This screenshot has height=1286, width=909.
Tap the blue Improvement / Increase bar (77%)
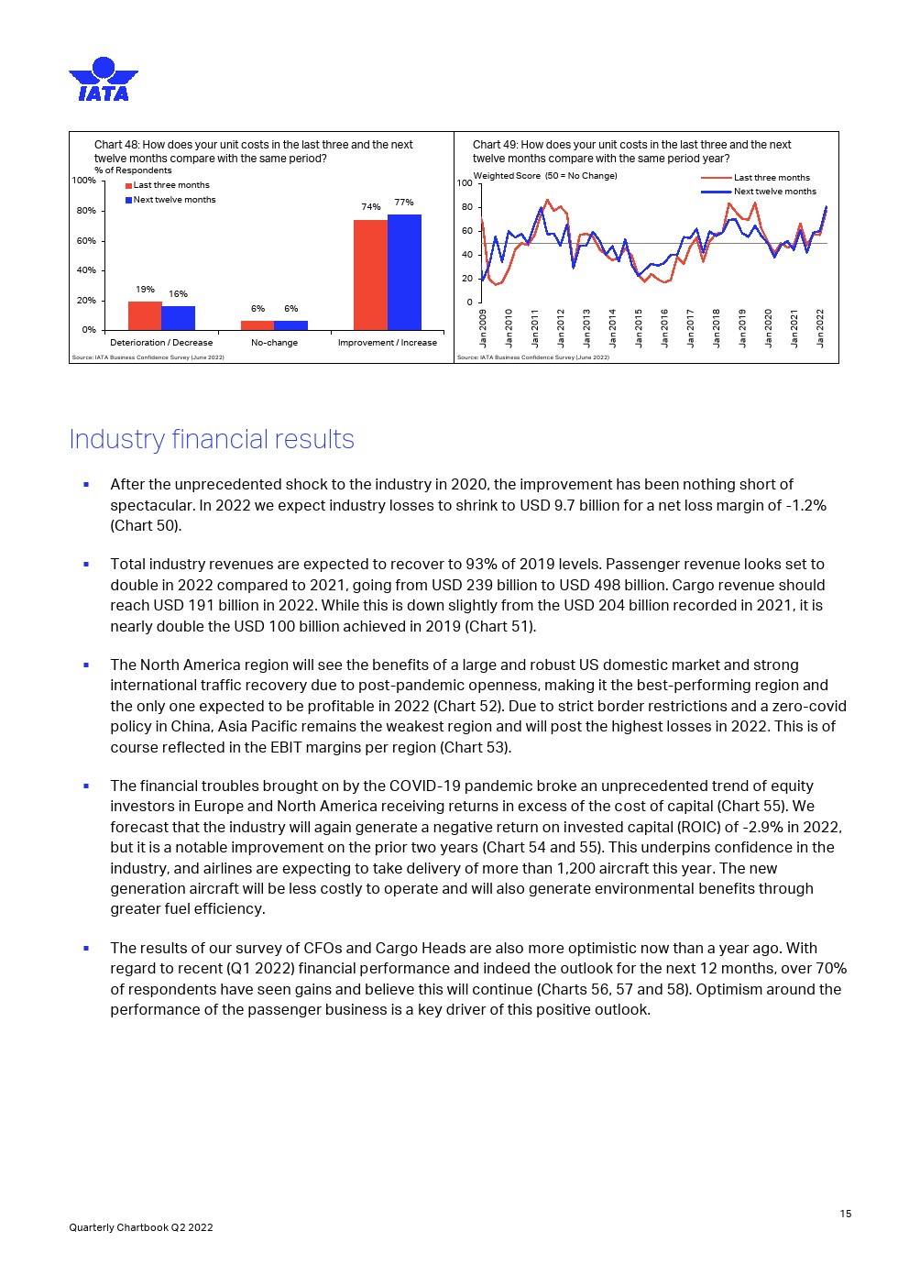(x=404, y=272)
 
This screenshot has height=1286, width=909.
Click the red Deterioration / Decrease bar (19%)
(x=145, y=315)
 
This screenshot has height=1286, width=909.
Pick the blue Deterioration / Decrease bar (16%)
(x=178, y=318)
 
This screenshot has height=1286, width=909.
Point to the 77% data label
(x=404, y=203)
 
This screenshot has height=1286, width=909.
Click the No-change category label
(x=274, y=343)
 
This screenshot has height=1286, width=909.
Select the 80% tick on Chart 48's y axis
(x=85, y=211)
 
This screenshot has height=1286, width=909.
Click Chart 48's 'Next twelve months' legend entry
(x=174, y=200)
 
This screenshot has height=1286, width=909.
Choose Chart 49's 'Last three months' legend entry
(x=772, y=178)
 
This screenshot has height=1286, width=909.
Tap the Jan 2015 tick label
(x=639, y=328)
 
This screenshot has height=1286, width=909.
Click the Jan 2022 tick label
(x=820, y=328)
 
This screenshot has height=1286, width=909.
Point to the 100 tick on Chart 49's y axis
(x=465, y=184)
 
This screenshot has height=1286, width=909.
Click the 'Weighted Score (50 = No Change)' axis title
(x=544, y=176)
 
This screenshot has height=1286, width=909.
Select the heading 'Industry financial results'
(x=212, y=440)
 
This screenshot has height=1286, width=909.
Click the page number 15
(x=845, y=1214)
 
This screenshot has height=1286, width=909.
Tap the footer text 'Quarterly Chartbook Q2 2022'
(x=141, y=1227)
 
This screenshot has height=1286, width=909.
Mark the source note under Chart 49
(x=532, y=357)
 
